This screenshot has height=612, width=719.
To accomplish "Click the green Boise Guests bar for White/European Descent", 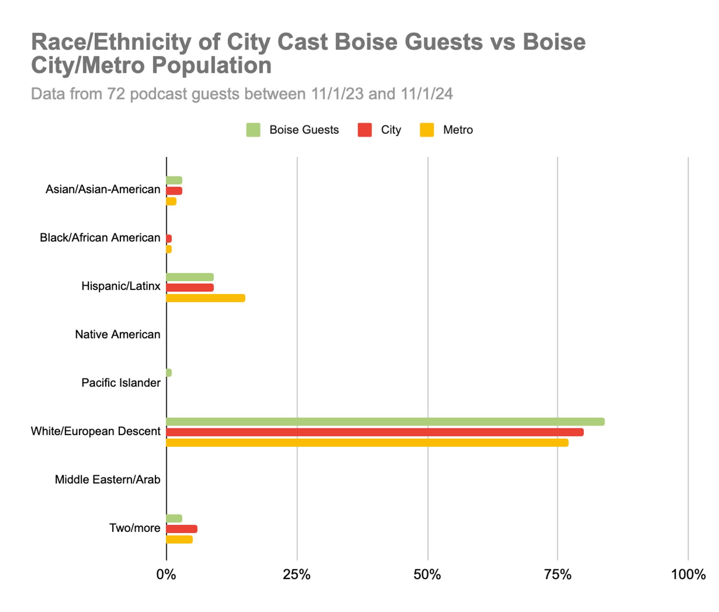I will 385,422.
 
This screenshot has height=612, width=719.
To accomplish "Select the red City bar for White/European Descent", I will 374,432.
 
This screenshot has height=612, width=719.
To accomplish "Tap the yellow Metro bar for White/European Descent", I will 367,443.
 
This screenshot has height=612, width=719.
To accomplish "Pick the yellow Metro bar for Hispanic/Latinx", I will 206,298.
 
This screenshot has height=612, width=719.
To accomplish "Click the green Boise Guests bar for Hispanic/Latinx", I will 190,277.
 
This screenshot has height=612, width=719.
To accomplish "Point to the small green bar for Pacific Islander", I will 169,373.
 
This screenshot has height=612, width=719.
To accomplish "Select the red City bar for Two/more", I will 182,529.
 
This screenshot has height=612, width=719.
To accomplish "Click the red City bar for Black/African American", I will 169,239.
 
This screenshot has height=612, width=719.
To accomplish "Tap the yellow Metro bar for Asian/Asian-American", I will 171,201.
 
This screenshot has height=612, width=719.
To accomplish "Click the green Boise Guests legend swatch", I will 253,130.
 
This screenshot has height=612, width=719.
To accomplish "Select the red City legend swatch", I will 364,130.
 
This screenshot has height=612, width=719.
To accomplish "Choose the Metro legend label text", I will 458,130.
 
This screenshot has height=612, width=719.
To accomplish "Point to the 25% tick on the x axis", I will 297,574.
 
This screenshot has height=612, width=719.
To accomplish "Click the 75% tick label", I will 558,574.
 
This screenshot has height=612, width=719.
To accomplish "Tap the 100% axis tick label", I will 688,574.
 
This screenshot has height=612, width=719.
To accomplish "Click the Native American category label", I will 118,334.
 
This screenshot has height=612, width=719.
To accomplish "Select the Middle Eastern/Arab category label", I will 107,480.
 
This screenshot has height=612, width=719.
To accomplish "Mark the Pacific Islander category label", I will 121,383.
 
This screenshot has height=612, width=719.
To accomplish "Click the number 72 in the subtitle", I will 116,94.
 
